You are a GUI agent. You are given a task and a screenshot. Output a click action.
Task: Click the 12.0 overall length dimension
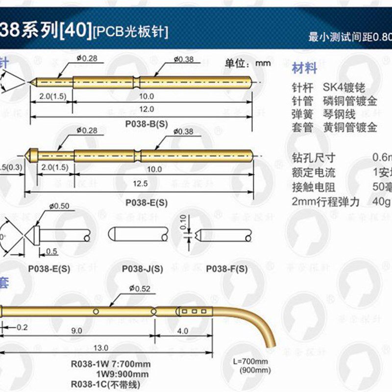click(146, 109)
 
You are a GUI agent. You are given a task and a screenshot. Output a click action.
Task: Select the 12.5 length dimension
click(142, 184)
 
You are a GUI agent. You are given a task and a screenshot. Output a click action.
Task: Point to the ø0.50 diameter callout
click(59, 206)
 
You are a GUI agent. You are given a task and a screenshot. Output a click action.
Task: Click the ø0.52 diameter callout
click(139, 289)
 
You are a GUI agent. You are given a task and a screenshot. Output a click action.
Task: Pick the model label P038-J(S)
click(142, 269)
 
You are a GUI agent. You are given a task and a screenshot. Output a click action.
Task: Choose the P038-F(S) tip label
click(226, 269)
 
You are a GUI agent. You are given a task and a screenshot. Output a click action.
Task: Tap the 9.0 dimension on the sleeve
click(77, 331)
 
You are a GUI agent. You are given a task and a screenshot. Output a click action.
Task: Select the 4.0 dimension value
click(182, 331)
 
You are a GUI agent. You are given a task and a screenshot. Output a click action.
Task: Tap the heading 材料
click(304, 68)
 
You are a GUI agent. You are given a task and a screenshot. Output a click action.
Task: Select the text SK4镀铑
click(344, 88)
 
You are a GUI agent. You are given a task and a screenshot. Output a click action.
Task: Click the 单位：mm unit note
click(247, 63)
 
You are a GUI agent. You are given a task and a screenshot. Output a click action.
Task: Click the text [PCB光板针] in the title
click(130, 32)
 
